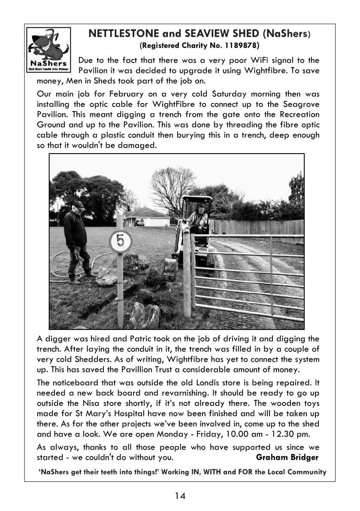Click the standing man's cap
pyautogui.click(x=79, y=205)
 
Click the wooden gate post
pyautogui.click(x=187, y=275)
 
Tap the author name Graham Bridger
pyautogui.click(x=287, y=457)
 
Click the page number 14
pyautogui.click(x=180, y=496)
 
